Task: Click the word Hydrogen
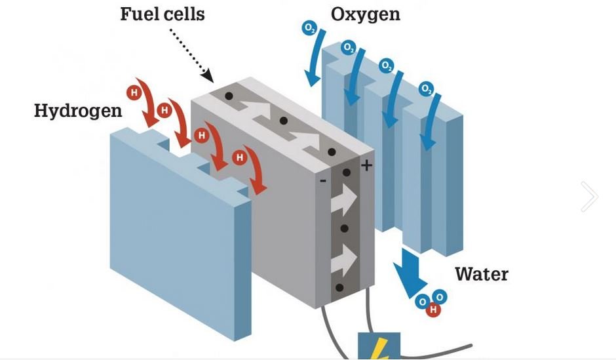pyautogui.click(x=78, y=110)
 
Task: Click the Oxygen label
pyautogui.click(x=365, y=14)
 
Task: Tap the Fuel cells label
pyautogui.click(x=162, y=14)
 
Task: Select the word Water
pyautogui.click(x=482, y=273)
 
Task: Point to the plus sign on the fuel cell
pyautogui.click(x=366, y=165)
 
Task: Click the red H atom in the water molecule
pyautogui.click(x=433, y=310)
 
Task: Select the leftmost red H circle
pyautogui.click(x=134, y=92)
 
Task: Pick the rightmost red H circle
pyautogui.click(x=241, y=157)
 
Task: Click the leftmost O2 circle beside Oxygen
pyautogui.click(x=309, y=28)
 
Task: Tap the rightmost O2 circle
pyautogui.click(x=426, y=88)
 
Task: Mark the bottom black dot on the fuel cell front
pyautogui.click(x=339, y=287)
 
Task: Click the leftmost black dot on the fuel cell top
pyautogui.click(x=229, y=96)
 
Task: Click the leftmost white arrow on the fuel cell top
pyautogui.click(x=256, y=112)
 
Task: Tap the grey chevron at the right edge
pyautogui.click(x=590, y=196)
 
